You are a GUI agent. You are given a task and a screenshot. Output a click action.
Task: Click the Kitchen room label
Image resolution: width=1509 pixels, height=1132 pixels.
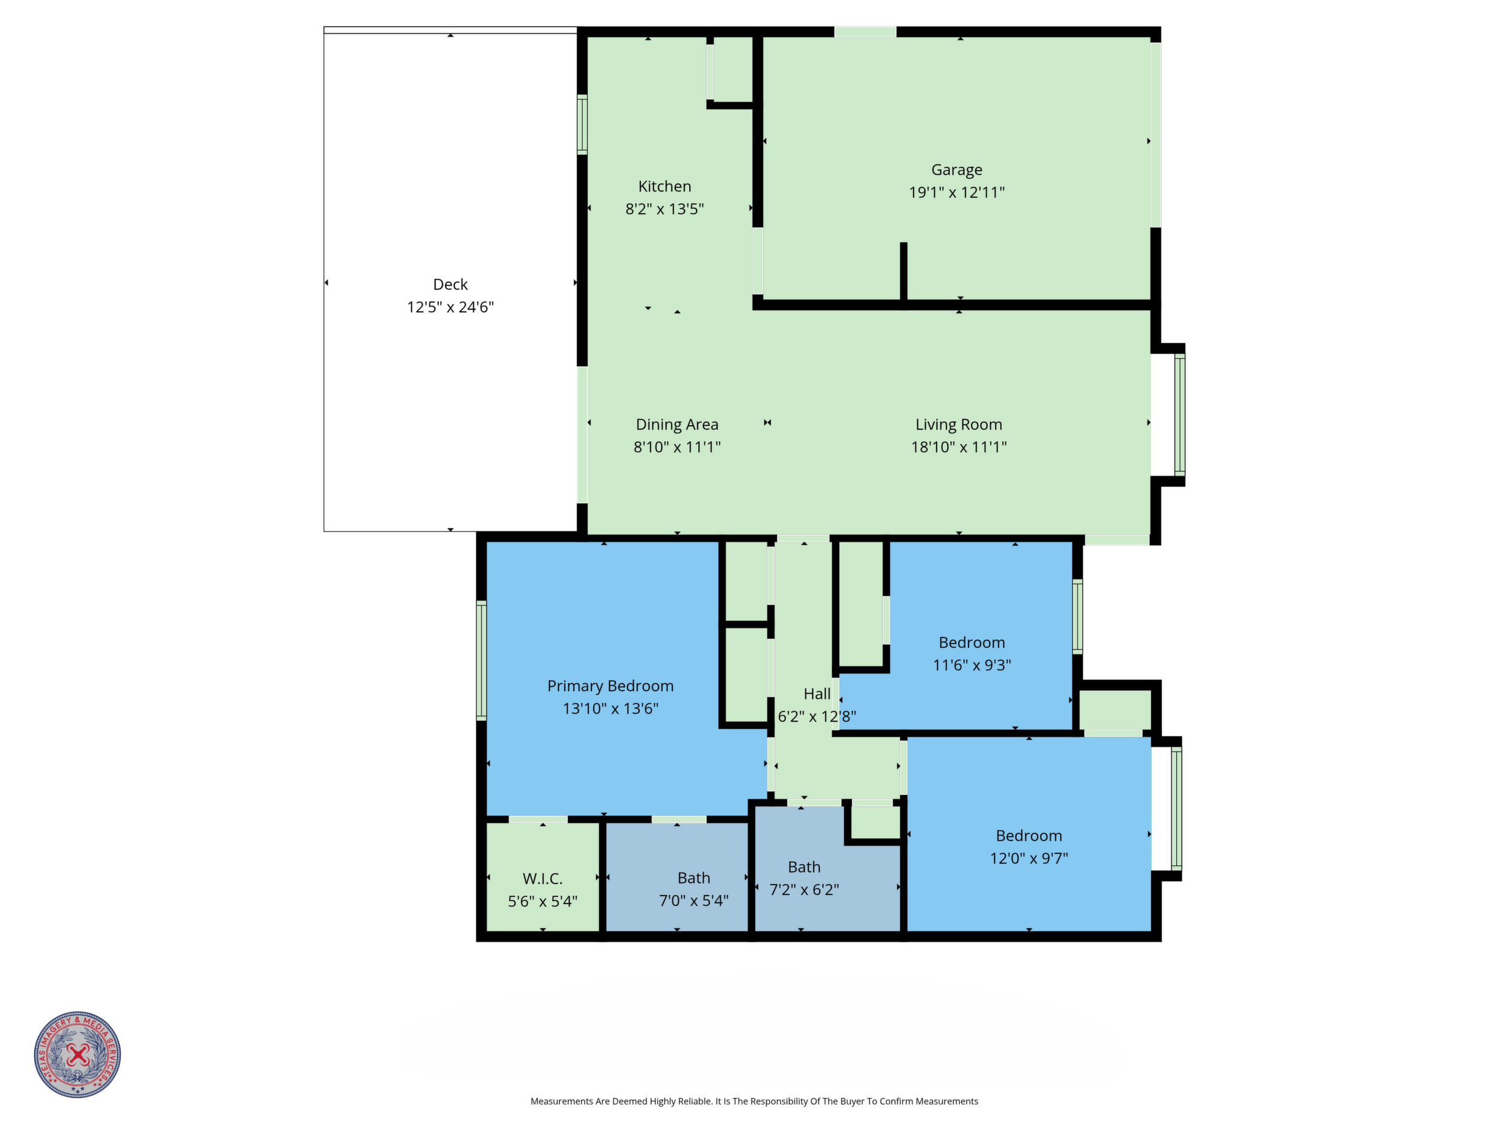point(664,186)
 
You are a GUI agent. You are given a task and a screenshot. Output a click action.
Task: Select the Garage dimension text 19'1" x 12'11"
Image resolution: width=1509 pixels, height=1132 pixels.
point(956,192)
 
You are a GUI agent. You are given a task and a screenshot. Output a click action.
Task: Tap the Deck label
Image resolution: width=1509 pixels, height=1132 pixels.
point(450,285)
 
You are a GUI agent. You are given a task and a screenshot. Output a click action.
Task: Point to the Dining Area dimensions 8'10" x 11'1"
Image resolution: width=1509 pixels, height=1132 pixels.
point(677,447)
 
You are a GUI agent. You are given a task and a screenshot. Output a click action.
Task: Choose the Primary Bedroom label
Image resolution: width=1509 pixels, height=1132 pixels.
point(610,686)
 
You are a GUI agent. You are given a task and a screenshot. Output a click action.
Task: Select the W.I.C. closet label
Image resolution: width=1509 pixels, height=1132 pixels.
point(542,879)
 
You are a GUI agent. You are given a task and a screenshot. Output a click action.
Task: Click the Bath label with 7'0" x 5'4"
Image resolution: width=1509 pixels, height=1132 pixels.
point(694,878)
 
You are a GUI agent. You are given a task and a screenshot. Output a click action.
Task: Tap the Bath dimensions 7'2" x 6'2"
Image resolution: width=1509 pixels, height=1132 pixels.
point(803,890)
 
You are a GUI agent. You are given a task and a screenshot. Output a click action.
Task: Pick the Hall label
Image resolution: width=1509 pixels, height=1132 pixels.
point(817,694)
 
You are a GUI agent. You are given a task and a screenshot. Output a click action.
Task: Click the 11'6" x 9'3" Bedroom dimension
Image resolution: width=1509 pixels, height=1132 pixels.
point(972,665)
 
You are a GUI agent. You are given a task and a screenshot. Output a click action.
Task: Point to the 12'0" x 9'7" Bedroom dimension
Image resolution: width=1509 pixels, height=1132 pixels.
point(1029,859)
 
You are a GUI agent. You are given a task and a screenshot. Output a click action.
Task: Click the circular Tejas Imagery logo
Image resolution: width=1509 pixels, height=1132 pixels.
point(78,1054)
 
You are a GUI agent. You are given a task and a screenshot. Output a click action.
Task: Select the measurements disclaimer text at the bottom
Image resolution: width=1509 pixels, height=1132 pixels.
point(754,1101)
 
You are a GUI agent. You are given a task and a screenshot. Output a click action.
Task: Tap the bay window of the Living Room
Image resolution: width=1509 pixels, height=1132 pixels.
point(1180,414)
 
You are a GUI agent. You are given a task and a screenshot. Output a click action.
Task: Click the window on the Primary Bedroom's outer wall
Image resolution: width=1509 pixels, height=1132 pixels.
point(481,660)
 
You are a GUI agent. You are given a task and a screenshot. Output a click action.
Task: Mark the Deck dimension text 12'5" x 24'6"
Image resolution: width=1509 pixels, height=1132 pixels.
point(450,307)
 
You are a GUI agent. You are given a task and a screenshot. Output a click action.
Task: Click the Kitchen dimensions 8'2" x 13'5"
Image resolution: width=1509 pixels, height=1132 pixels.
point(664,209)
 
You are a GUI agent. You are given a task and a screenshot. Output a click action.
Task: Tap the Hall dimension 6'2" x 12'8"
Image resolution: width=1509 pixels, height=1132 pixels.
point(817,717)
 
